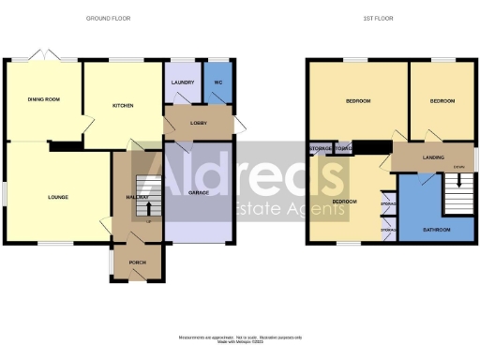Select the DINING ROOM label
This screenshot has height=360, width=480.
43,98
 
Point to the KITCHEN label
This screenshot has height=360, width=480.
124,106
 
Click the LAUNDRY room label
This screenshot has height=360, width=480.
182,82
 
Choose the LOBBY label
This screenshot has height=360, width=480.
198,122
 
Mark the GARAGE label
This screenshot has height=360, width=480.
198,192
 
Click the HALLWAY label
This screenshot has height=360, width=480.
138,197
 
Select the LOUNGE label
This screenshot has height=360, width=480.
59,197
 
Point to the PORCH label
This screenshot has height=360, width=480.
138,262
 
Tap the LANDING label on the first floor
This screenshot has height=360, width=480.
433,157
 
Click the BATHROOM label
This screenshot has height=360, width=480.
436,230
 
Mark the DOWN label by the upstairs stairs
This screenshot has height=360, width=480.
458,168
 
